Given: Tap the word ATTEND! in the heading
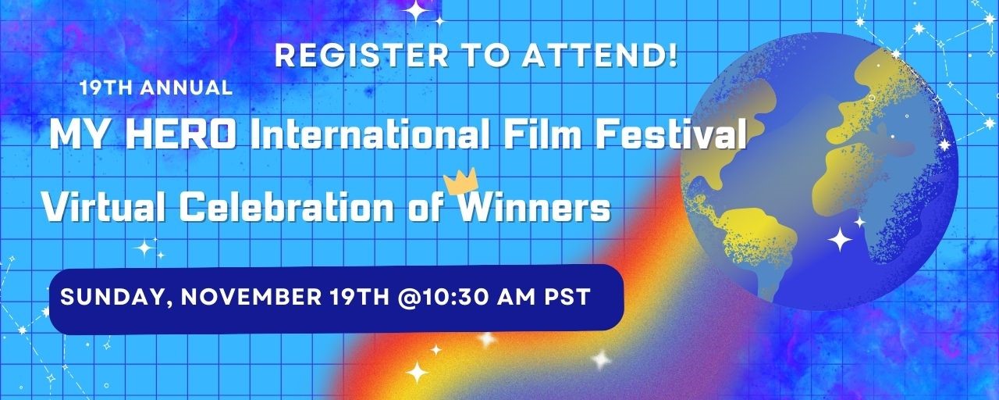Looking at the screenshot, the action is click(x=600, y=55).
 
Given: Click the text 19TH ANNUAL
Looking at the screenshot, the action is click(x=156, y=87).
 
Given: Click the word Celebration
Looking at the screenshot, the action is click(x=287, y=207).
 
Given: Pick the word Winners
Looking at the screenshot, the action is click(x=534, y=207).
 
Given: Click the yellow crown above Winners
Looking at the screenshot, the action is click(x=460, y=181).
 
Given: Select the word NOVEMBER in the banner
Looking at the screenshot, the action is click(x=251, y=296).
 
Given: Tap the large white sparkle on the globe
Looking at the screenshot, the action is click(x=840, y=239).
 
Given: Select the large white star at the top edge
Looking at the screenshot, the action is click(x=417, y=11).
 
